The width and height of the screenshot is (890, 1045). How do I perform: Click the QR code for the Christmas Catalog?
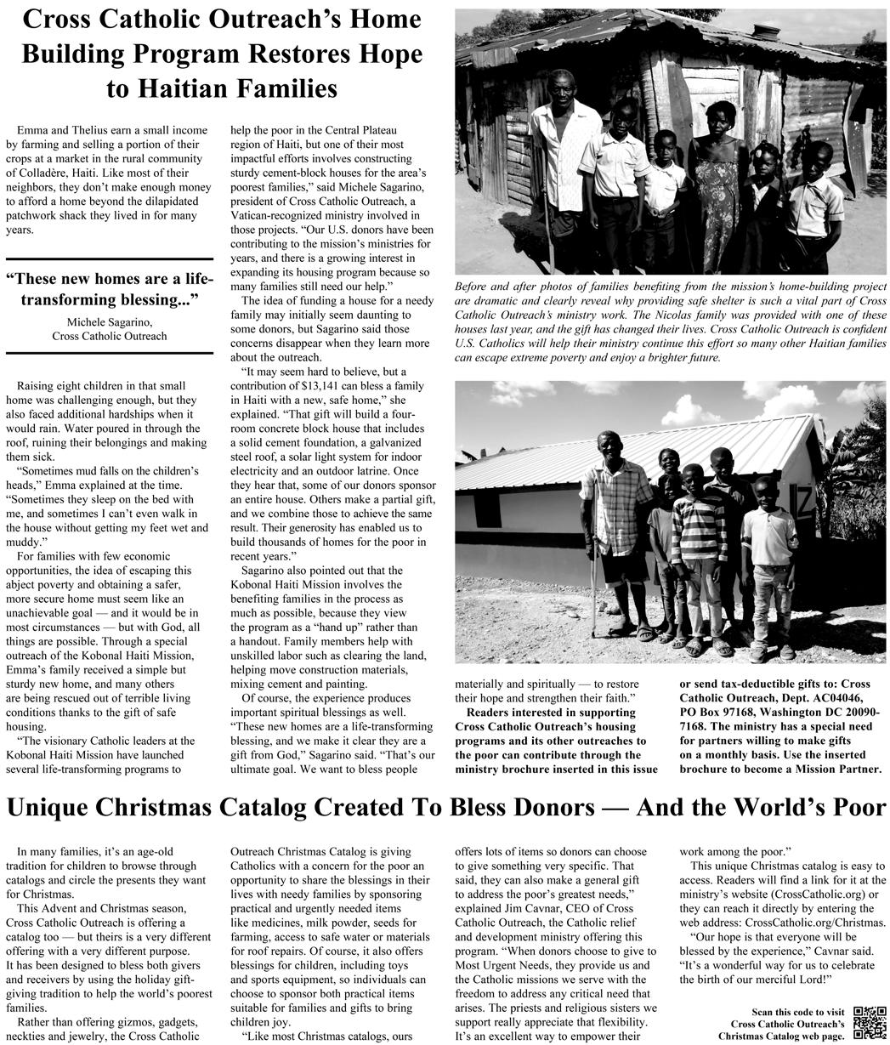point(869,1024)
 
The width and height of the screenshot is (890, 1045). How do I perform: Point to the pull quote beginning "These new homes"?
point(110,289)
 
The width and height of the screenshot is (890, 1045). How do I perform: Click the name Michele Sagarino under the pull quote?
point(110,321)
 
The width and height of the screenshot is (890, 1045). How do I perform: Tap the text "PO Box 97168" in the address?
point(721,711)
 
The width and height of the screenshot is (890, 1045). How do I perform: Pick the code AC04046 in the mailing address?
point(842,697)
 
